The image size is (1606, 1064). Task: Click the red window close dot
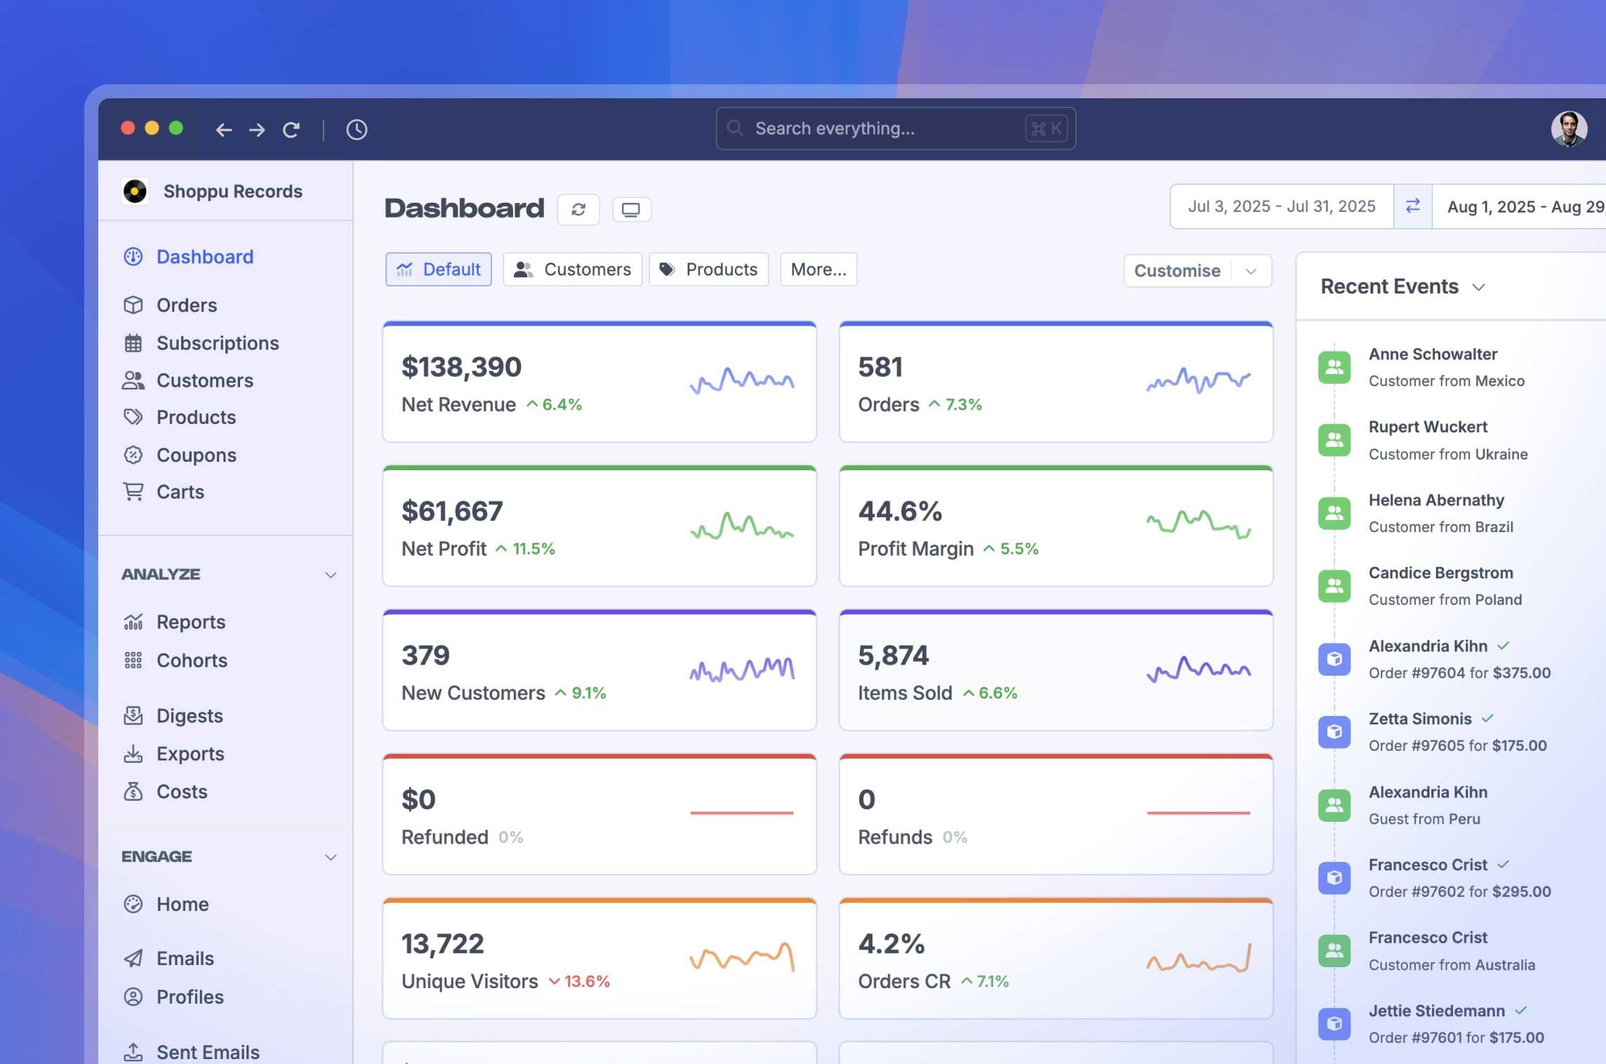[128, 128]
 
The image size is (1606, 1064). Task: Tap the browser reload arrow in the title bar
[291, 130]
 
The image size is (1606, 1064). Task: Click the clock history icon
[357, 130]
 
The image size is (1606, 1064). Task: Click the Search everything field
[896, 128]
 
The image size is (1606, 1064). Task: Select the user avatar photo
[1569, 129]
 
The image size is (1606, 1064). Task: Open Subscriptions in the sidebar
[218, 343]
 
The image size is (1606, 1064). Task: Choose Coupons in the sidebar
[196, 455]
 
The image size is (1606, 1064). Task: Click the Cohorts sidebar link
[192, 660]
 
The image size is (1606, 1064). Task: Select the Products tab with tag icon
[709, 270]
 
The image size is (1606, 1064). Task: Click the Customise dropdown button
[1197, 271]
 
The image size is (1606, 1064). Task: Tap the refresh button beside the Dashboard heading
[578, 210]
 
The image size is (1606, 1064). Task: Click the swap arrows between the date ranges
[1413, 206]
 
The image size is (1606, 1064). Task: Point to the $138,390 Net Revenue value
[461, 367]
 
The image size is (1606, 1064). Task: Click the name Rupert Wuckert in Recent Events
[1428, 427]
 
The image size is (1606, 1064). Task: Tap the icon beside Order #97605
[1334, 731]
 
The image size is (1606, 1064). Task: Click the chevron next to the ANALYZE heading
[331, 575]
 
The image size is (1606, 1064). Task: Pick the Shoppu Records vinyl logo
[135, 191]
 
